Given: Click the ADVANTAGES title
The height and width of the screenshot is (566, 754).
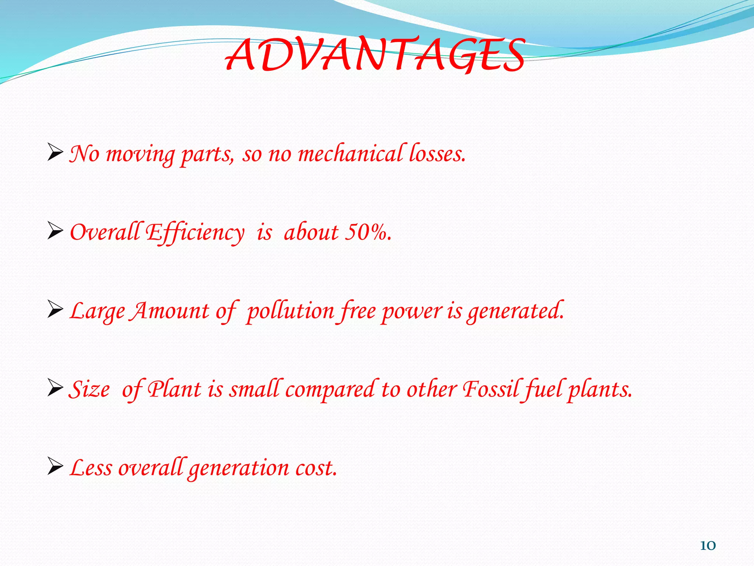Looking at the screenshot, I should (375, 55).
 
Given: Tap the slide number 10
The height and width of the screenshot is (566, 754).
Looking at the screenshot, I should (708, 545).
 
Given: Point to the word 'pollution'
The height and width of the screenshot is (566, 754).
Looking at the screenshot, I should (290, 311).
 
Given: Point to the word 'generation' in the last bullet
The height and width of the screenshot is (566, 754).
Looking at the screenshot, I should (239, 469).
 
